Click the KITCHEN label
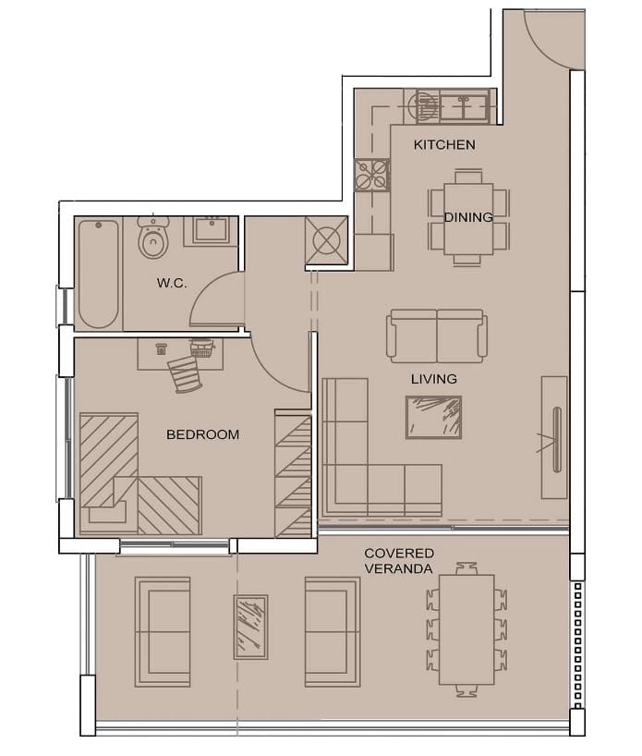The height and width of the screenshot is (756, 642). [x=444, y=145]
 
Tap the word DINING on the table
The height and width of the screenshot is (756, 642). [x=468, y=217]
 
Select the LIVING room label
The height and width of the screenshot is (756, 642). [x=434, y=379]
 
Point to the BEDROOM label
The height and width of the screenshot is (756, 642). [x=202, y=434]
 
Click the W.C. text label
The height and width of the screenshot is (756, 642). [x=172, y=283]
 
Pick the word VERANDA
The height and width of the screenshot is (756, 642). [x=398, y=569]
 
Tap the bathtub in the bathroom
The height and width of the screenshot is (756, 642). [x=99, y=274]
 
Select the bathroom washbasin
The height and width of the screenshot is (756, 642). [x=211, y=230]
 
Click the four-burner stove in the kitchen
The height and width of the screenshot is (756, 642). [x=372, y=175]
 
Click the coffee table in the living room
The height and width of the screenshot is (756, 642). [x=433, y=418]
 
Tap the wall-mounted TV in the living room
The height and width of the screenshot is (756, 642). [x=557, y=439]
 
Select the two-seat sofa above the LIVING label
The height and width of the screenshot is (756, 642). [x=437, y=336]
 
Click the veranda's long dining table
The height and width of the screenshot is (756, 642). [x=466, y=629]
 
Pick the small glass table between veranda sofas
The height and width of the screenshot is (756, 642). [x=250, y=627]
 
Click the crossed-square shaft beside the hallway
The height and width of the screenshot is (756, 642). [x=326, y=240]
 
